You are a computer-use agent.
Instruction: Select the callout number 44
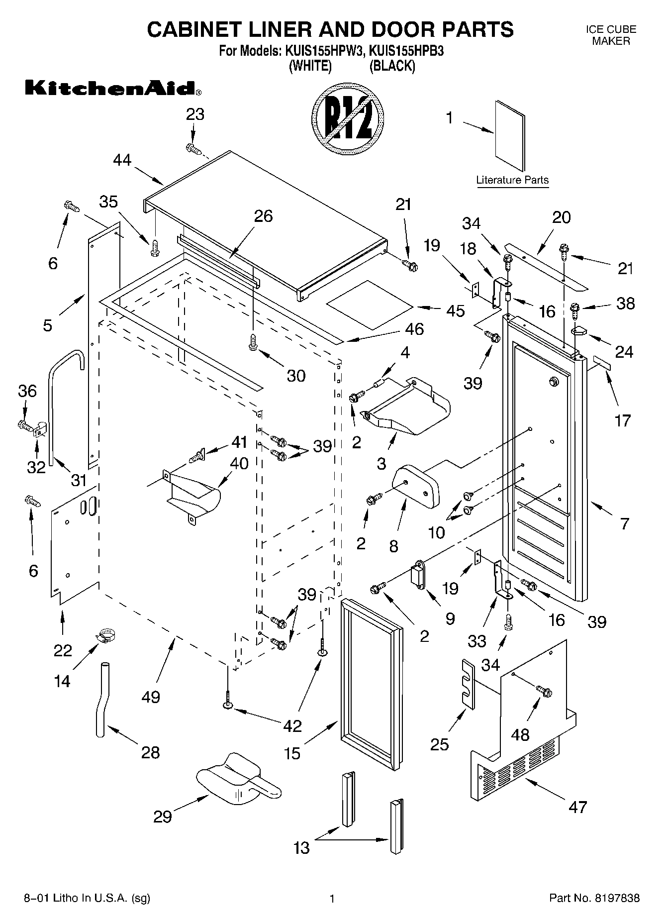point(122,160)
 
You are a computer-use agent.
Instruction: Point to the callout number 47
point(577,807)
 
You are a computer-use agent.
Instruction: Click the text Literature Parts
point(512,180)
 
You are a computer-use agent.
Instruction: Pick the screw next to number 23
point(192,148)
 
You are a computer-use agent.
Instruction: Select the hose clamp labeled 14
point(106,635)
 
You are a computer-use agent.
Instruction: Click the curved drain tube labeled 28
point(101,699)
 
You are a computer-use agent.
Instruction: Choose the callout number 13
point(302,846)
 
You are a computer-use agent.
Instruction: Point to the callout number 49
point(151,697)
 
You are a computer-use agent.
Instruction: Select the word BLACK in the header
point(392,66)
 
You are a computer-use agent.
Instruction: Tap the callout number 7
point(625,523)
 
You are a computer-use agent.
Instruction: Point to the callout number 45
point(455,310)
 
